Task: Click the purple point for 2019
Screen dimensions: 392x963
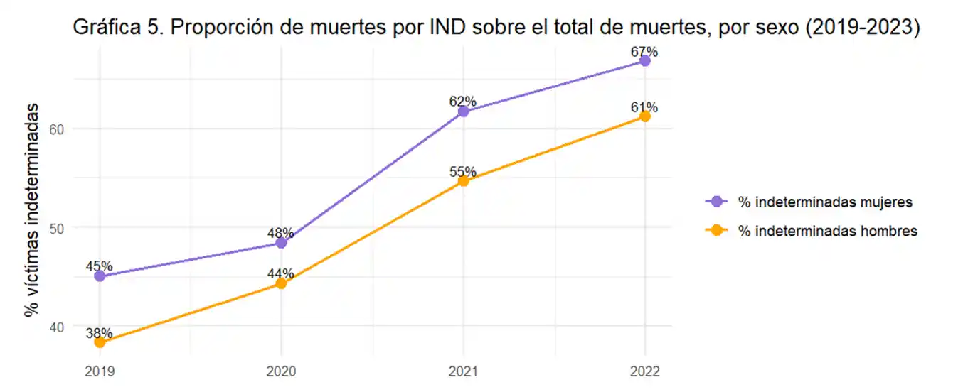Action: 100,276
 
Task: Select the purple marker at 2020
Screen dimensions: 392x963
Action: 281,243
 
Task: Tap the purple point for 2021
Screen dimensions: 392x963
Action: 463,111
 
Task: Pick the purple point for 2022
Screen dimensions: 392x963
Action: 645,61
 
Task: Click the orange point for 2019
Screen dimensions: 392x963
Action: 100,342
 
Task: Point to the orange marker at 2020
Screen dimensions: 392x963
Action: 281,283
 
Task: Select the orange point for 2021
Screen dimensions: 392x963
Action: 463,181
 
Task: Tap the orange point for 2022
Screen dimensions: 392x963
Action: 645,116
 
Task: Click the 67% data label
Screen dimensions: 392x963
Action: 644,52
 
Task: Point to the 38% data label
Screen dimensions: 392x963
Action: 99,333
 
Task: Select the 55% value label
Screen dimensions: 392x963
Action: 462,172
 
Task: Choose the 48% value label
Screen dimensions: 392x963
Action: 281,233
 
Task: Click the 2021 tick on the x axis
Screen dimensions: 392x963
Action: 463,371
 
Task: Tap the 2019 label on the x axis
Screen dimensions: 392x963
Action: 100,371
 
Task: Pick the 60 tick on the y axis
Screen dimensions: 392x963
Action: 58,129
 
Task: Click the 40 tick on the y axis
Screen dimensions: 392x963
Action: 58,327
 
